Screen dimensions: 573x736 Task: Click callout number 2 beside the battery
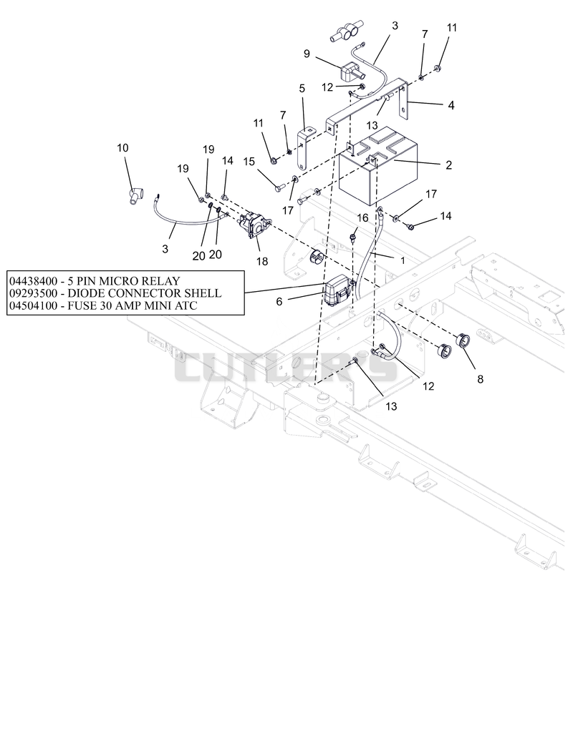tap(448, 165)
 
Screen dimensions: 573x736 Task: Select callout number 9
tap(307, 54)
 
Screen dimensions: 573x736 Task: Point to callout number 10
tap(122, 148)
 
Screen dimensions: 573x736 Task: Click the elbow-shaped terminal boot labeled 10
tap(135, 196)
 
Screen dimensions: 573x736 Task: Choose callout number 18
tap(262, 261)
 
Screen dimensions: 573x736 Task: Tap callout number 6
tap(279, 301)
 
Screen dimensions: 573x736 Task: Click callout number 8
tap(480, 379)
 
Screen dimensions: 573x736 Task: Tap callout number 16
tap(362, 217)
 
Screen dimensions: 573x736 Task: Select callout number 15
tap(249, 162)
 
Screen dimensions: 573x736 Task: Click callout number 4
tap(451, 105)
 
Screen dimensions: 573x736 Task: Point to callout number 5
tap(302, 88)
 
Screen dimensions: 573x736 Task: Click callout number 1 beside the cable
tap(403, 260)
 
